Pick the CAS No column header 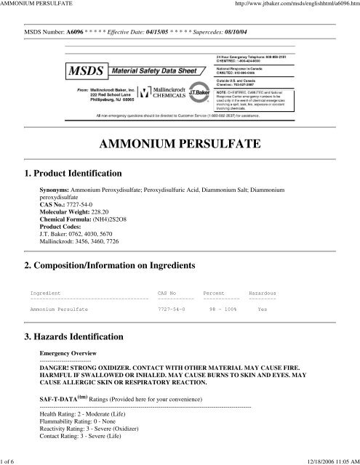[x=167, y=293]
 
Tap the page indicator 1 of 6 [x=12, y=460]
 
